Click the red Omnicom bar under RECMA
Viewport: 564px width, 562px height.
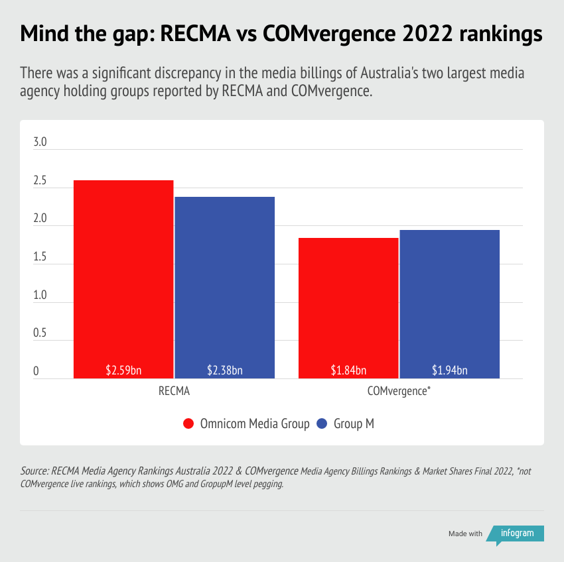123,278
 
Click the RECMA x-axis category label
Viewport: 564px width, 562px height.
174,391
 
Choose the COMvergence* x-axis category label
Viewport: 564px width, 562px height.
399,391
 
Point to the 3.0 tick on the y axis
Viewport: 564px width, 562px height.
40,142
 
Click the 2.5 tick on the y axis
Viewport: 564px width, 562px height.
40,181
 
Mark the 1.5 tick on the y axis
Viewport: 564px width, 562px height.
40,257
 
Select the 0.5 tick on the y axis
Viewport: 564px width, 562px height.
40,333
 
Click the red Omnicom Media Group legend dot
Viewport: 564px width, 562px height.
188,423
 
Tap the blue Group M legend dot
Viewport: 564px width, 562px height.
323,423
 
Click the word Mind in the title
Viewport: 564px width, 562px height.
44,34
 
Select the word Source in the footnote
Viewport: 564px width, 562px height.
35,471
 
